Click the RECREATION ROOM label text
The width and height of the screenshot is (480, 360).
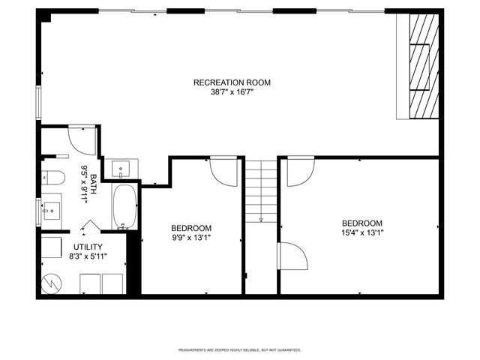pyautogui.click(x=232, y=82)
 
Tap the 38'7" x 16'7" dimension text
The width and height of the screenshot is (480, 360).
pyautogui.click(x=232, y=93)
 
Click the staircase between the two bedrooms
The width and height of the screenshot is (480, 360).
pyautogui.click(x=261, y=191)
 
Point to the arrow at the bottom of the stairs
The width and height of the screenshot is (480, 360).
pyautogui.click(x=261, y=219)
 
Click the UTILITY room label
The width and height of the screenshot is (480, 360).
pyautogui.click(x=88, y=247)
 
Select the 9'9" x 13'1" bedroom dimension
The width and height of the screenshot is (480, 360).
pyautogui.click(x=190, y=238)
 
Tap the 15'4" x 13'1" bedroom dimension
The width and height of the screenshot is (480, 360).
pyautogui.click(x=362, y=233)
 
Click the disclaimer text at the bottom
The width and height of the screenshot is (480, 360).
pyautogui.click(x=239, y=349)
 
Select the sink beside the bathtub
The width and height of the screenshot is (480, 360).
pyautogui.click(x=120, y=169)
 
